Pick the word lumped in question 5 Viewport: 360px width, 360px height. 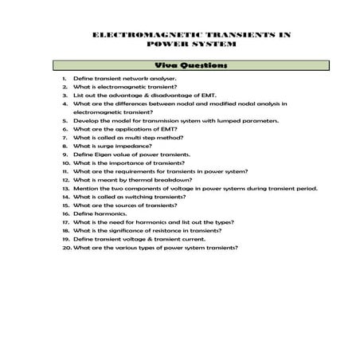coord(227,121)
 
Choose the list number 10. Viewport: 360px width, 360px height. coord(65,163)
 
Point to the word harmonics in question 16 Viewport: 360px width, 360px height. coord(110,213)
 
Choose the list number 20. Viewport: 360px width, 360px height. coord(65,247)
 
